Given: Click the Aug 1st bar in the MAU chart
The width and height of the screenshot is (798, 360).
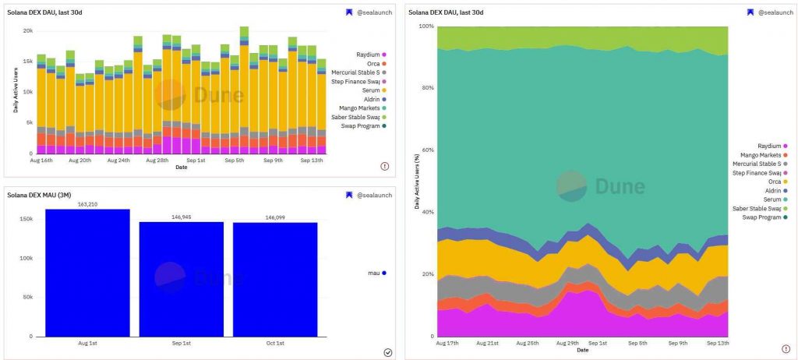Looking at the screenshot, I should (x=87, y=273).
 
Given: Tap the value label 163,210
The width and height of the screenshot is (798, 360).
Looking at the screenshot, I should (x=87, y=204).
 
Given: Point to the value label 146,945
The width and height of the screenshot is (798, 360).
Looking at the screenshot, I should (x=181, y=217).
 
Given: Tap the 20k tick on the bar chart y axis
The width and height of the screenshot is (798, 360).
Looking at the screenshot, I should (x=27, y=30).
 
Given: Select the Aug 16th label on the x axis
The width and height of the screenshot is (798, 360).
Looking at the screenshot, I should (x=41, y=160).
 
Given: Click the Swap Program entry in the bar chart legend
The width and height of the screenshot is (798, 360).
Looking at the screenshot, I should (x=362, y=125).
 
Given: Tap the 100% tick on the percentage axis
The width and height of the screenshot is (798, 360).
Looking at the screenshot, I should (x=425, y=26).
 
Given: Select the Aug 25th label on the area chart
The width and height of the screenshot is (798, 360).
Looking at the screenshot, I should (x=527, y=343).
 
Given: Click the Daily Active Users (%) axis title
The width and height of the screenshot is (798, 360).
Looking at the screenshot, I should (x=415, y=181).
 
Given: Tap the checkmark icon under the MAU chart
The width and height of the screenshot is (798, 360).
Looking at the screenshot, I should (x=388, y=352).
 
